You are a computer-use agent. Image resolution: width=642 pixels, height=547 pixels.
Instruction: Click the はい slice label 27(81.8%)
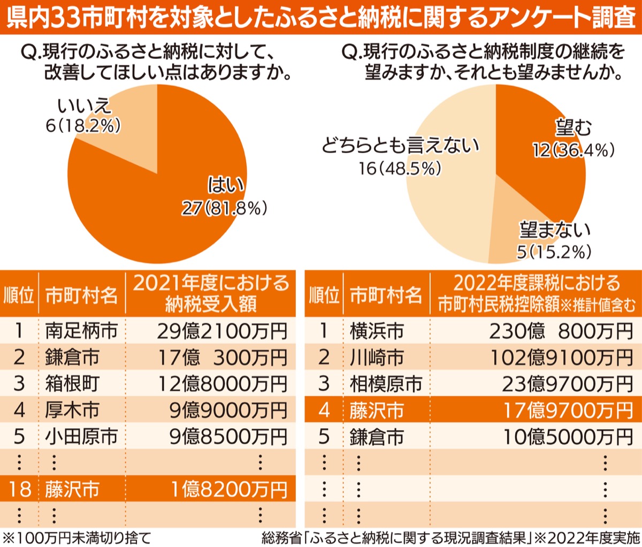[x=225, y=208]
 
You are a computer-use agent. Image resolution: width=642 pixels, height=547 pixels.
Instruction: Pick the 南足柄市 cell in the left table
[x=81, y=331]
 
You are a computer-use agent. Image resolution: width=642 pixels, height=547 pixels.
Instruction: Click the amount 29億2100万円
[x=222, y=331]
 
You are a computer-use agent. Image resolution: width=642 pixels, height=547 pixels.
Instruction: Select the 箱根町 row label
[x=72, y=384]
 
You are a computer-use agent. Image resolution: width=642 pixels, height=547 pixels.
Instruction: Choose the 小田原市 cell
[x=81, y=437]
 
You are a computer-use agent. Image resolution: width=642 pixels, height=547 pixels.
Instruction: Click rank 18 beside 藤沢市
[x=19, y=489]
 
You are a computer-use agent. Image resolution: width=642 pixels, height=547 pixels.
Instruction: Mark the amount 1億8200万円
[x=229, y=489]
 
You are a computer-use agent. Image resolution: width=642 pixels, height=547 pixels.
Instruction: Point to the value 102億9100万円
[x=562, y=358]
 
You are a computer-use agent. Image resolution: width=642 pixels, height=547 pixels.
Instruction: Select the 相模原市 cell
[x=386, y=384]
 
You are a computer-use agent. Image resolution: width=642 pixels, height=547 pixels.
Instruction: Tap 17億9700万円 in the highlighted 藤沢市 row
[x=568, y=411]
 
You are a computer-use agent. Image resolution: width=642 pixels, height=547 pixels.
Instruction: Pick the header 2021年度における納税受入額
[x=211, y=293]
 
